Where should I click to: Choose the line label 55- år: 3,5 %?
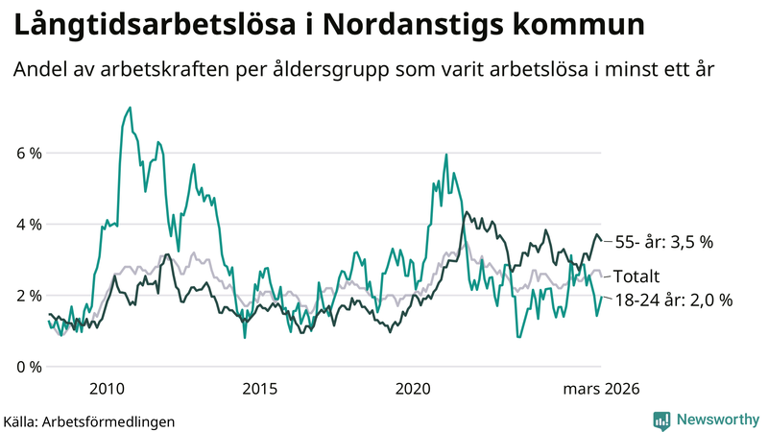(663, 243)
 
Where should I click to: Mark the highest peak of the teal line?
(130, 108)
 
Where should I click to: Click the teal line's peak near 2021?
(446, 155)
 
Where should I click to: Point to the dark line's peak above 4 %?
(466, 213)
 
